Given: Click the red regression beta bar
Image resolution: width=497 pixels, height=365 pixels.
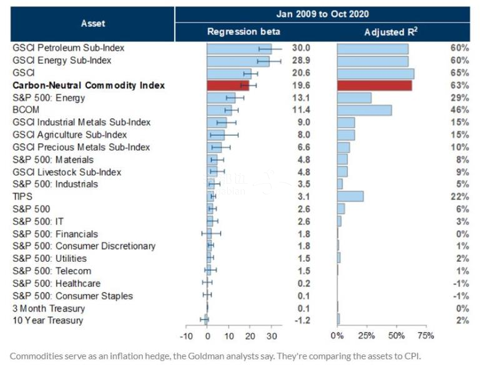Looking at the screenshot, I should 228,86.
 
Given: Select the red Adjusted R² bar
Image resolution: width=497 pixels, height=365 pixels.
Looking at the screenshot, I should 374,86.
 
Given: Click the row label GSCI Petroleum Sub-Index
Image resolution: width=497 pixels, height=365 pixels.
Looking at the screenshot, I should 69,47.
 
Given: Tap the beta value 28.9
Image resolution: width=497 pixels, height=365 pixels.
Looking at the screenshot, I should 302,60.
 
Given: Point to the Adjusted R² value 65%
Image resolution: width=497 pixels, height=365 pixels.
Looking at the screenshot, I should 460,72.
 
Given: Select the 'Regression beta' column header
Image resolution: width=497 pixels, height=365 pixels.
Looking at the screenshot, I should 244,31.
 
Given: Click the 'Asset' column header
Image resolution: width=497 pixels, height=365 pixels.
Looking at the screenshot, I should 93,23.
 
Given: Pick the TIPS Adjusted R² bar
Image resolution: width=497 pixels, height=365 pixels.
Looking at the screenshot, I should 350,197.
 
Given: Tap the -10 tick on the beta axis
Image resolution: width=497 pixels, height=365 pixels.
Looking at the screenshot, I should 187,336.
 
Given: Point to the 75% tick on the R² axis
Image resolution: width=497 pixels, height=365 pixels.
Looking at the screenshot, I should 425,336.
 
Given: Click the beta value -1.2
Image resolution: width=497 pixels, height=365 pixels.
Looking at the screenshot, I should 302,321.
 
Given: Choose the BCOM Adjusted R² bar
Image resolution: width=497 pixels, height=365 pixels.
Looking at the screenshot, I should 364,110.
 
